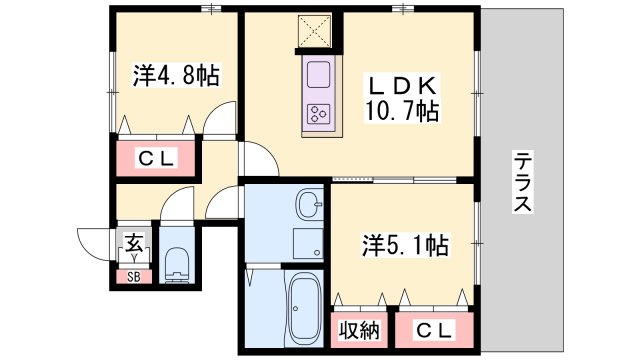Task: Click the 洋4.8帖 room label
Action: [x=176, y=74]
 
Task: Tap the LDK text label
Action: [x=401, y=85]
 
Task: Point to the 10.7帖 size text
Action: [x=405, y=110]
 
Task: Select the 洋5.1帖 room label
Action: [x=403, y=243]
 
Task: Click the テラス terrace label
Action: [x=522, y=181]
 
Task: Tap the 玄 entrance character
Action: [x=132, y=241]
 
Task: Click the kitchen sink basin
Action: [x=320, y=76]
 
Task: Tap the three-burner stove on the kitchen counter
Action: [x=320, y=113]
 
